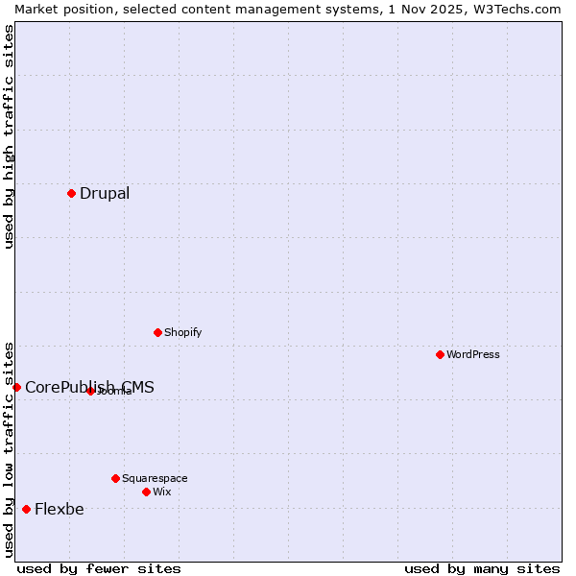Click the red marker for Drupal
click(71, 193)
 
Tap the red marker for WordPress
click(440, 354)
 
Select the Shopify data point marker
click(157, 332)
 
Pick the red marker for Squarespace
click(115, 478)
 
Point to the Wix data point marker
click(146, 492)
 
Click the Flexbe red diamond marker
click(26, 509)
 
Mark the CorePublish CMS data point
click(16, 387)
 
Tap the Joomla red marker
click(90, 391)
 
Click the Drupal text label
click(105, 193)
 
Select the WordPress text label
click(473, 354)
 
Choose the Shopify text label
click(182, 332)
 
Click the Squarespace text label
click(155, 478)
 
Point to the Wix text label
click(162, 492)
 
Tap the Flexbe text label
click(60, 509)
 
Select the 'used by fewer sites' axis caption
click(99, 568)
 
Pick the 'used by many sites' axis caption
click(482, 568)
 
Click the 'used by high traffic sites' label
click(9, 136)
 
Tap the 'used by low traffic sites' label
click(9, 448)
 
